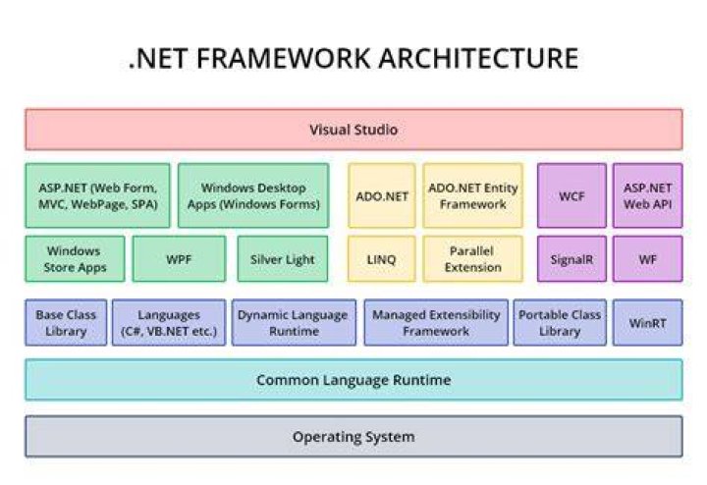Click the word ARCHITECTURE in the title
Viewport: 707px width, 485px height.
478,59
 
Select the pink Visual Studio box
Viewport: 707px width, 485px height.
353,130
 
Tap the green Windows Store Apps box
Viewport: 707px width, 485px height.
75,259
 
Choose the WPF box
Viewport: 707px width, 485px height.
179,259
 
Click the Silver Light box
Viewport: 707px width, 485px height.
283,259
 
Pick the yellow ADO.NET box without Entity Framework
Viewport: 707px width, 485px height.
381,195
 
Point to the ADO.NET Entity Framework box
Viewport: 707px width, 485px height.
473,195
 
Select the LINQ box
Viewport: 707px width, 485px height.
381,259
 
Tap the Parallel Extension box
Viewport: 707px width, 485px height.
473,259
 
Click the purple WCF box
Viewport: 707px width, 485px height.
571,195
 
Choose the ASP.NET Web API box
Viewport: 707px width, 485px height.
647,195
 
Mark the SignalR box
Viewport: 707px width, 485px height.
571,259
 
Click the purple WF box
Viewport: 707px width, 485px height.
647,259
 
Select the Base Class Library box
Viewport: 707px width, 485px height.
66,323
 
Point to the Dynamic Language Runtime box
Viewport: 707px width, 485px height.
294,323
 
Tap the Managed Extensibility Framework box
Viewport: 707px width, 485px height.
436,323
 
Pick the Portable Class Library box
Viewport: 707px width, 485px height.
560,323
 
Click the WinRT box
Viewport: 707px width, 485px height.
647,323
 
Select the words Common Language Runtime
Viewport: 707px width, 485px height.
353,380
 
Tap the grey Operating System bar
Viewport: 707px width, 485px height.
353,436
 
